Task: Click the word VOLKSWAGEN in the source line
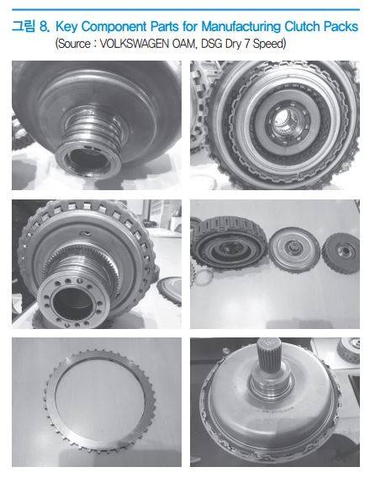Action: coord(135,44)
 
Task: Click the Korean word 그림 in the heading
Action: coord(24,26)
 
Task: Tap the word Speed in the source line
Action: coord(269,44)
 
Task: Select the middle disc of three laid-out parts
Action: coord(293,250)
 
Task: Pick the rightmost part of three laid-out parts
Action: coord(341,252)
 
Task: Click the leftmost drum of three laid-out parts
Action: coord(229,242)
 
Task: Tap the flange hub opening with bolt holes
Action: coord(73,300)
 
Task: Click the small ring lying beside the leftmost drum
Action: coord(203,277)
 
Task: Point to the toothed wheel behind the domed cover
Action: coord(348,350)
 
